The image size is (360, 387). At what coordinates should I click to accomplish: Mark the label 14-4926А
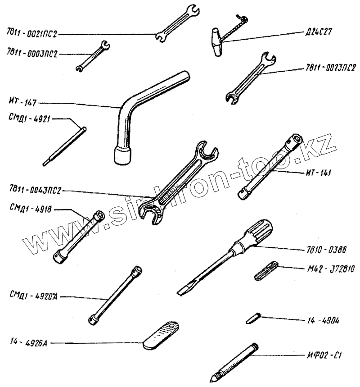pyautogui.click(x=26, y=343)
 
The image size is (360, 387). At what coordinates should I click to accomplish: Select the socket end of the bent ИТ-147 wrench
pyautogui.click(x=123, y=155)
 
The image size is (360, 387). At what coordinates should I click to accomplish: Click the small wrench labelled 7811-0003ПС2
pyautogui.click(x=93, y=56)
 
